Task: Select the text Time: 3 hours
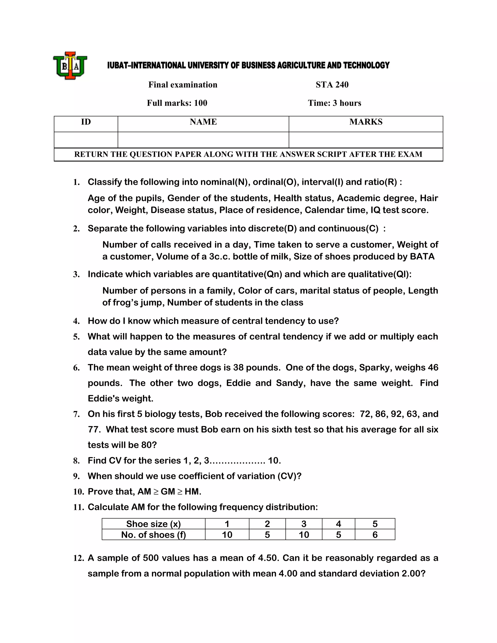click(334, 103)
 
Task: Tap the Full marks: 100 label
click(177, 103)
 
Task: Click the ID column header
click(86, 122)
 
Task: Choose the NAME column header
click(203, 122)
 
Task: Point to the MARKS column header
click(366, 122)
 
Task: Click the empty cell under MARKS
click(366, 140)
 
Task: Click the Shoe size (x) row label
click(153, 524)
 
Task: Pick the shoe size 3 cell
click(304, 524)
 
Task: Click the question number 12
click(79, 558)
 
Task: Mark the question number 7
click(76, 414)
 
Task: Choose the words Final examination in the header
click(182, 85)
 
